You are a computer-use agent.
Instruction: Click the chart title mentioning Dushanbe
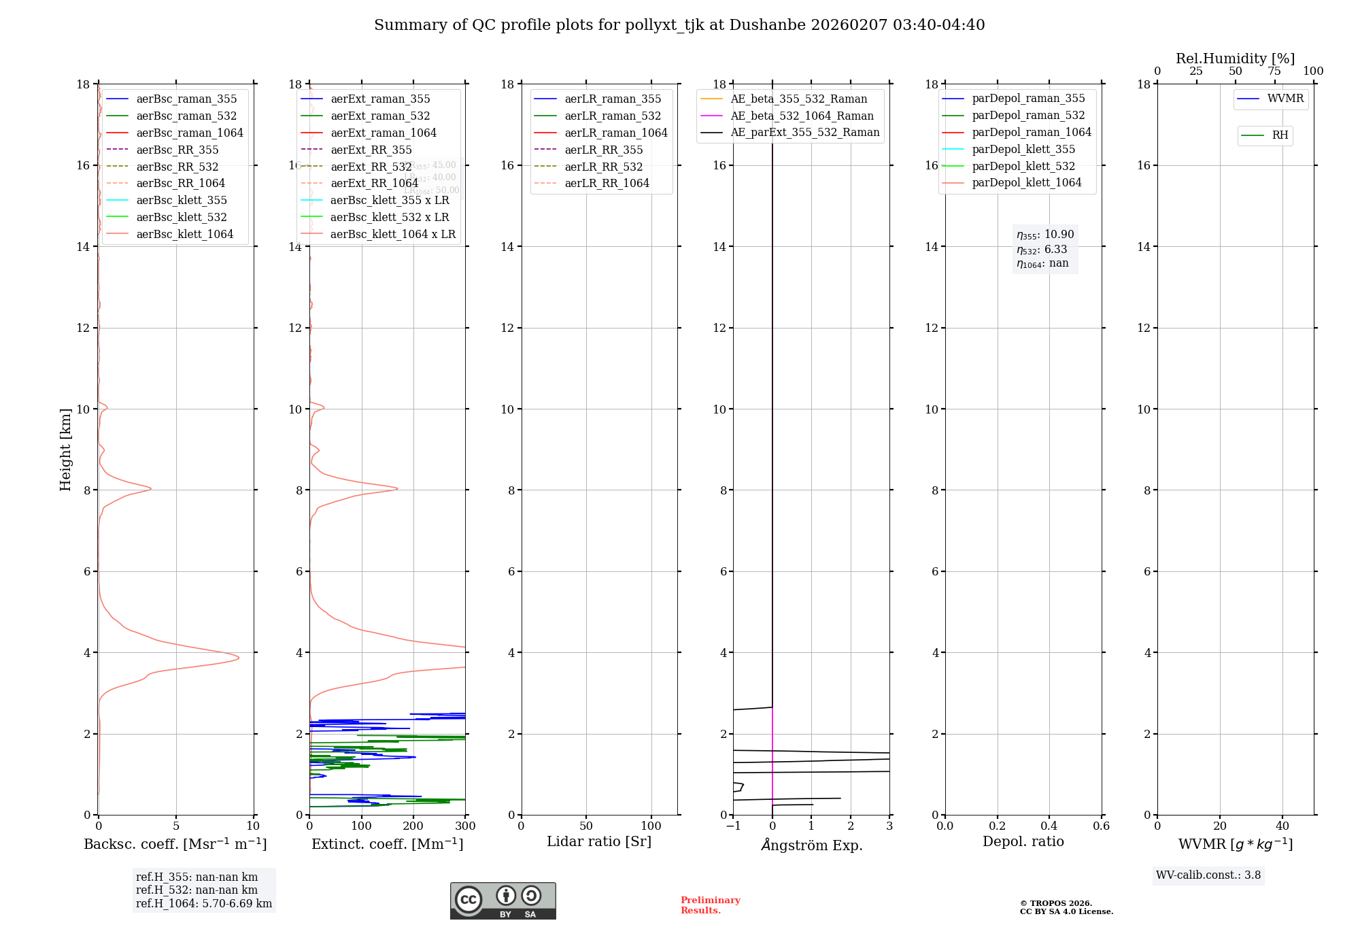pyautogui.click(x=679, y=25)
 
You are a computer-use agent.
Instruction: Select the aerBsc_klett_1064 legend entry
pyautogui.click(x=184, y=234)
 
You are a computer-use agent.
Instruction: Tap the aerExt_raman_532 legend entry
pyautogui.click(x=380, y=116)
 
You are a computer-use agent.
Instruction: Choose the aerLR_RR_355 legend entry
pyautogui.click(x=603, y=150)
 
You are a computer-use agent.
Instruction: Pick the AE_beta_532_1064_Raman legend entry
pyautogui.click(x=802, y=116)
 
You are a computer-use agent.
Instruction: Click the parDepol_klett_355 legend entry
pyautogui.click(x=1023, y=149)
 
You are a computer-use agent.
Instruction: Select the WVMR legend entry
pyautogui.click(x=1285, y=99)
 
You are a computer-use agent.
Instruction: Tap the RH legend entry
pyautogui.click(x=1280, y=135)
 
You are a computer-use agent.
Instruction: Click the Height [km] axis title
pyautogui.click(x=65, y=449)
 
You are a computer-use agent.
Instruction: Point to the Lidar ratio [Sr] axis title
pyautogui.click(x=599, y=841)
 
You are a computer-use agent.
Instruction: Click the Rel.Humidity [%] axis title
pyautogui.click(x=1235, y=58)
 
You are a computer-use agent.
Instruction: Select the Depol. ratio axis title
pyautogui.click(x=1023, y=841)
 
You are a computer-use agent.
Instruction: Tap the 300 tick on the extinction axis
pyautogui.click(x=465, y=826)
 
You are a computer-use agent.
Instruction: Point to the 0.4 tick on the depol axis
pyautogui.click(x=1049, y=826)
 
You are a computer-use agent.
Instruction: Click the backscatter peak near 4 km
pyautogui.click(x=238, y=657)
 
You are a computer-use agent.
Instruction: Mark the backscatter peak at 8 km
pyautogui.click(x=150, y=488)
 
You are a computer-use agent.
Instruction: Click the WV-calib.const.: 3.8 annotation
pyautogui.click(x=1208, y=875)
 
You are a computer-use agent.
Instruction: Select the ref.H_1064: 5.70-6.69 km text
pyautogui.click(x=204, y=904)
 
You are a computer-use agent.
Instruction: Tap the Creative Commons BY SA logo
pyautogui.click(x=503, y=901)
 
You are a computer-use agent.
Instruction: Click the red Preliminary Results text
pyautogui.click(x=710, y=905)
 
